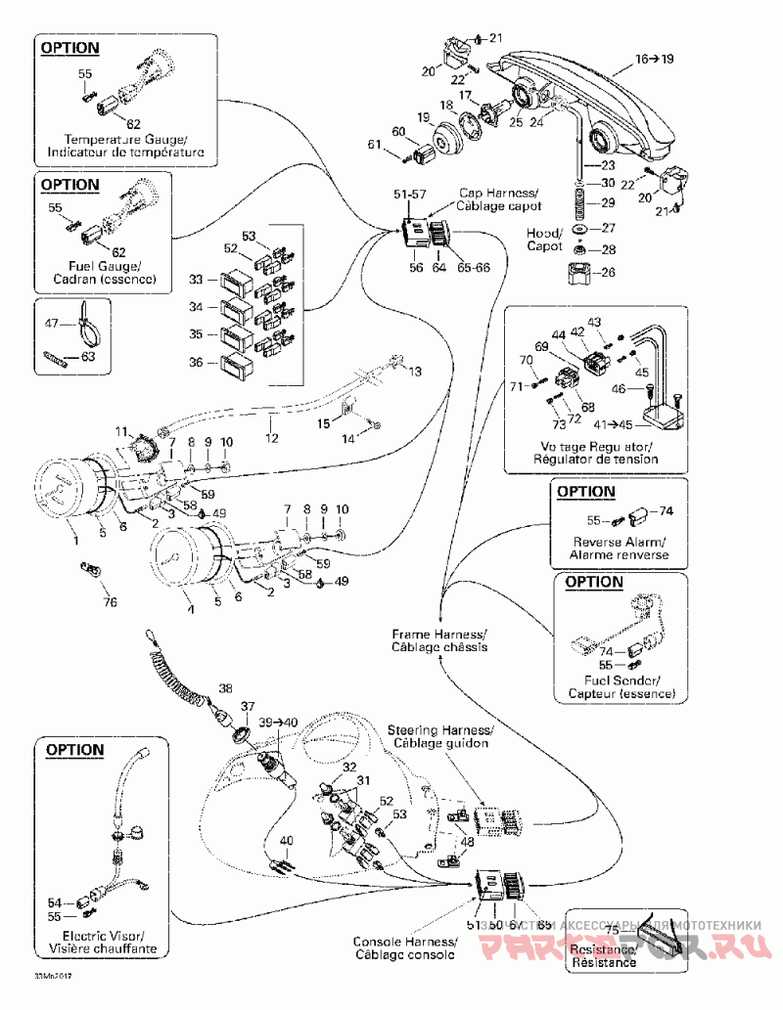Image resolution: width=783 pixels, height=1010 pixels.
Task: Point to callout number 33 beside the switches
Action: [196, 280]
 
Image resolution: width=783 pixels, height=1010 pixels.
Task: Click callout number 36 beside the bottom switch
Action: [196, 363]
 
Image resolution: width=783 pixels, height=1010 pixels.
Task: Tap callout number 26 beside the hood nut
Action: [608, 271]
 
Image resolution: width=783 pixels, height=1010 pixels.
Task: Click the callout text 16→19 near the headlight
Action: [655, 60]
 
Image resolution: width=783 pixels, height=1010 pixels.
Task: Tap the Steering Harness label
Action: [440, 736]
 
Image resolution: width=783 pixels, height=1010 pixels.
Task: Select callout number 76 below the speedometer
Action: [111, 601]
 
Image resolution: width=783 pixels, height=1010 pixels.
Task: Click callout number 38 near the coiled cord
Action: [226, 687]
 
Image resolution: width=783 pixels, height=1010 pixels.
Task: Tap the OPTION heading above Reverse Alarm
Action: [586, 491]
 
